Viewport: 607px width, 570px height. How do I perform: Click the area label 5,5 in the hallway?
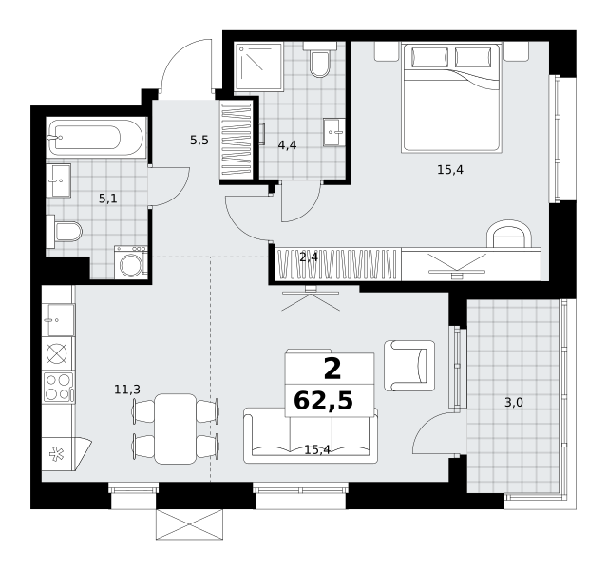tap(199, 141)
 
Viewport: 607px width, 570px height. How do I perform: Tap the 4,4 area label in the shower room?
tap(287, 145)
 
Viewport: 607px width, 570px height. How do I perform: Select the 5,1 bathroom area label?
tap(108, 199)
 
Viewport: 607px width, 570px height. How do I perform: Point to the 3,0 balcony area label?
tap(514, 403)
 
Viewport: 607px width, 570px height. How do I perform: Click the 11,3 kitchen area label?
tap(127, 389)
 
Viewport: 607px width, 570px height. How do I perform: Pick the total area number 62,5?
tap(324, 400)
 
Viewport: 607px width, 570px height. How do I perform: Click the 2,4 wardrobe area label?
tap(309, 256)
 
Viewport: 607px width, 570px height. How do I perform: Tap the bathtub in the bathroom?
tap(96, 138)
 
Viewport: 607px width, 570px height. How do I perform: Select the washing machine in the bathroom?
tap(131, 262)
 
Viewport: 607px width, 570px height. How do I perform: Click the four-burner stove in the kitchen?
tap(58, 388)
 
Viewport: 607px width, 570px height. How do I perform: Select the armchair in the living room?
tap(409, 366)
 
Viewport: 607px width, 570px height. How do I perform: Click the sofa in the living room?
tap(311, 435)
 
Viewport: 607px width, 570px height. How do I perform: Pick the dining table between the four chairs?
tap(176, 428)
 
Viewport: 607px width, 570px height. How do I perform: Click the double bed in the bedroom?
tap(452, 98)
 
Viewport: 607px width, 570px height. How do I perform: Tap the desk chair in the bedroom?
tap(508, 234)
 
